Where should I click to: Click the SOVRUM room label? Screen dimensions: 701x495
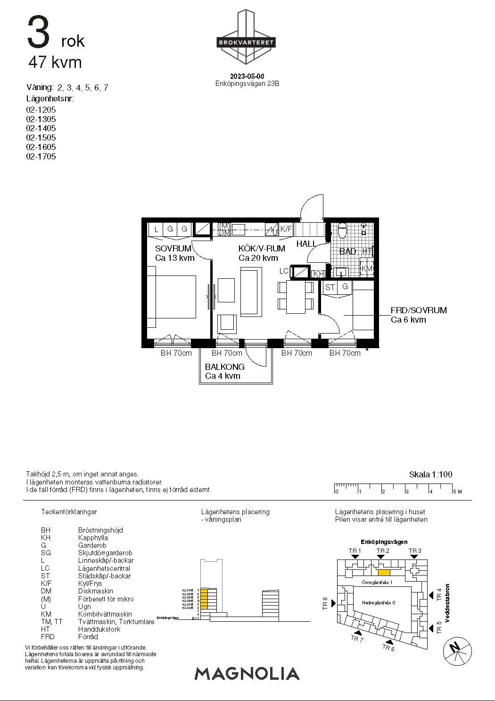[173, 249]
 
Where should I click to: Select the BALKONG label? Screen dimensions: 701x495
[224, 367]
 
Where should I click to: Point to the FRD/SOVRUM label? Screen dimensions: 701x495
[418, 310]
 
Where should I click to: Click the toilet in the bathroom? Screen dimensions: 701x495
[343, 231]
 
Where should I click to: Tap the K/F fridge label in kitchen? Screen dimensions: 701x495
[286, 229]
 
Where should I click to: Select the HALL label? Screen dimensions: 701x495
[306, 244]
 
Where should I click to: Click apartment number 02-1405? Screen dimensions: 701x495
[41, 128]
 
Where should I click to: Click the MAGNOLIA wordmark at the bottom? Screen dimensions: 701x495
[247, 674]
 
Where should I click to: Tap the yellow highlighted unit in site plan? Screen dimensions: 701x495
[384, 573]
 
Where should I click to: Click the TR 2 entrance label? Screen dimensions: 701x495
[382, 551]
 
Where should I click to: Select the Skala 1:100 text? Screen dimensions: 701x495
[430, 475]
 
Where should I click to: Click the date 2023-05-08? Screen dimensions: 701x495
[247, 76]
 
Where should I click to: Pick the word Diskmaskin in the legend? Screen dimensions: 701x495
[95, 591]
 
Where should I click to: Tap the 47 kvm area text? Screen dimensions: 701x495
[55, 62]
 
